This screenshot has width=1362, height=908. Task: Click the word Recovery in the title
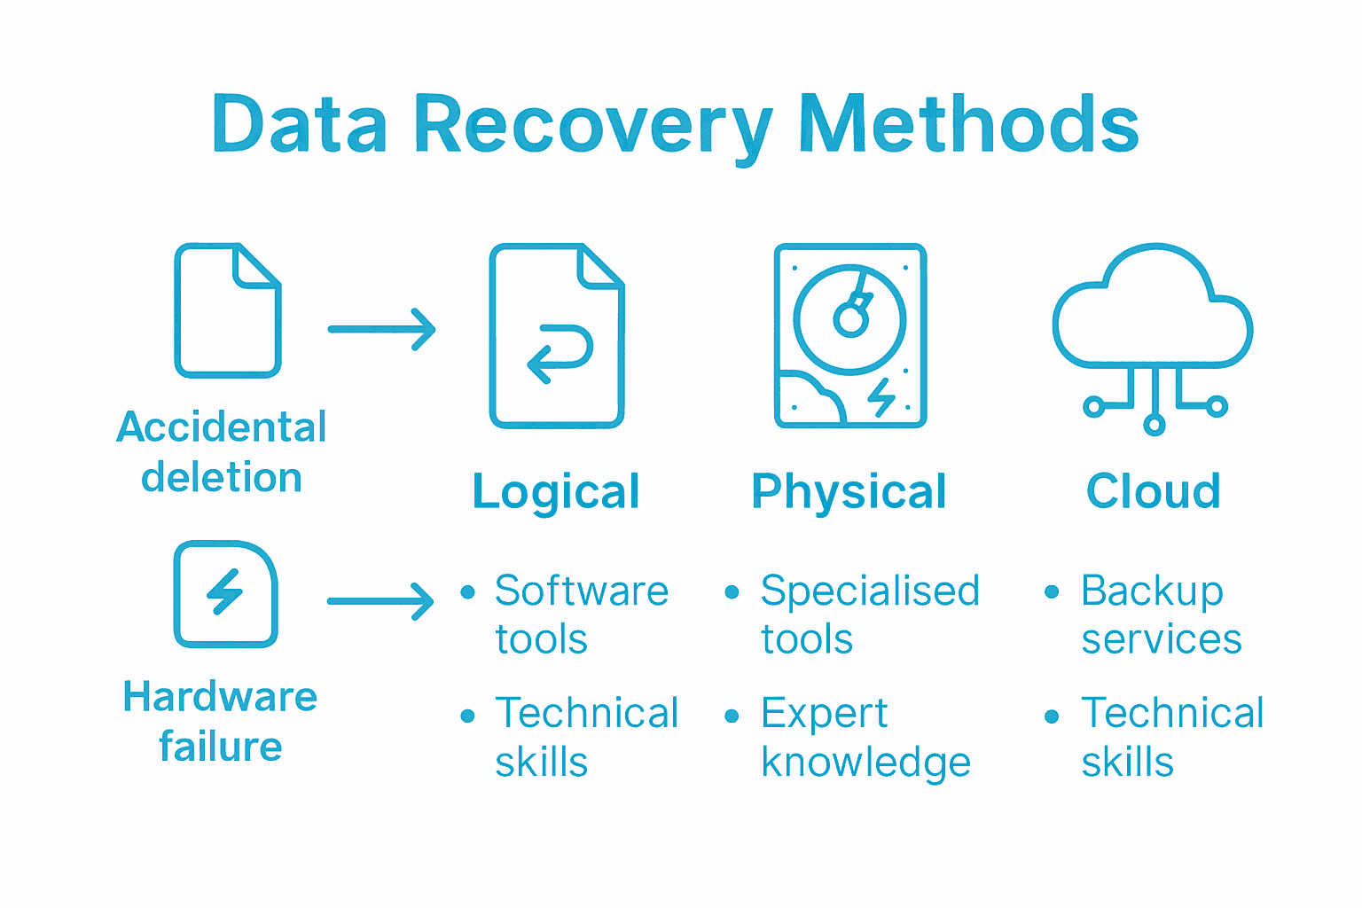point(592,126)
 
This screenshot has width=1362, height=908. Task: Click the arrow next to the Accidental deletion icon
point(381,329)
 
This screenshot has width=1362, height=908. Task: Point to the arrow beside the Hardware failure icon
point(380,601)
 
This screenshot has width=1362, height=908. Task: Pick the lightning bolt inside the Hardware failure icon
point(225,591)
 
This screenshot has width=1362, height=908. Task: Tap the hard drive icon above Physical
point(850,335)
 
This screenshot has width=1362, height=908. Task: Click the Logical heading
point(556,492)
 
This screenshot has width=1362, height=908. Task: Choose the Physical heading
point(849,492)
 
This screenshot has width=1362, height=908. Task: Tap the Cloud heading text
point(1154,491)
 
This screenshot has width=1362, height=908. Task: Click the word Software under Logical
point(582,591)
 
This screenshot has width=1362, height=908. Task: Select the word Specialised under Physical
point(870,591)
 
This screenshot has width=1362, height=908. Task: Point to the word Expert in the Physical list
point(824,714)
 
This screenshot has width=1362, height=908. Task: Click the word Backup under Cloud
point(1152,591)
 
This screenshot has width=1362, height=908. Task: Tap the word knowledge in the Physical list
point(865,763)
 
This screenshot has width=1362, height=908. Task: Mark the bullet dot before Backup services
point(1052,592)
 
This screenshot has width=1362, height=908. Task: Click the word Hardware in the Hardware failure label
point(220,697)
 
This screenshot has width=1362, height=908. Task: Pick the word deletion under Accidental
point(222,478)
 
